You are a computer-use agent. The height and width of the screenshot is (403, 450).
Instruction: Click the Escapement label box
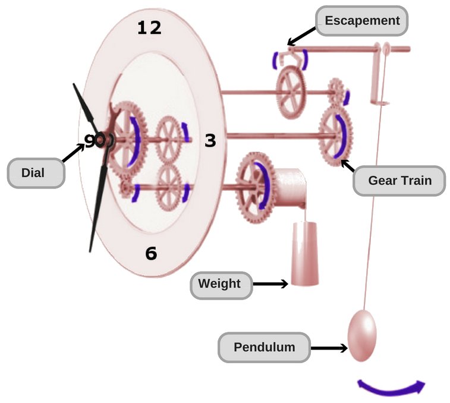pyautogui.click(x=361, y=21)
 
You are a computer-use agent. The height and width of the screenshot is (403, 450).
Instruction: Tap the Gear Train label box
pyautogui.click(x=399, y=180)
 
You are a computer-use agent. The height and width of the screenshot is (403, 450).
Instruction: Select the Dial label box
pyautogui.click(x=36, y=174)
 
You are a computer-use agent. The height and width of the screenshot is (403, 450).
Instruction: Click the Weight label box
pyautogui.click(x=219, y=284)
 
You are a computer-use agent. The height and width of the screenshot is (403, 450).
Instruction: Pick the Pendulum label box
pyautogui.click(x=264, y=347)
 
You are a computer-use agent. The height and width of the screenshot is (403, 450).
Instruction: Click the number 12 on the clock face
pyautogui.click(x=149, y=28)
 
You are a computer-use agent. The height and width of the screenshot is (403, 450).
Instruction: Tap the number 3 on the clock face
pyautogui.click(x=210, y=141)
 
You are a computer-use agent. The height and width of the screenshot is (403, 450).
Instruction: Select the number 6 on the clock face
pyautogui.click(x=151, y=254)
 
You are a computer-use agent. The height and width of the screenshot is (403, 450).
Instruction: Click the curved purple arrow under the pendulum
pyautogui.click(x=391, y=388)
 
